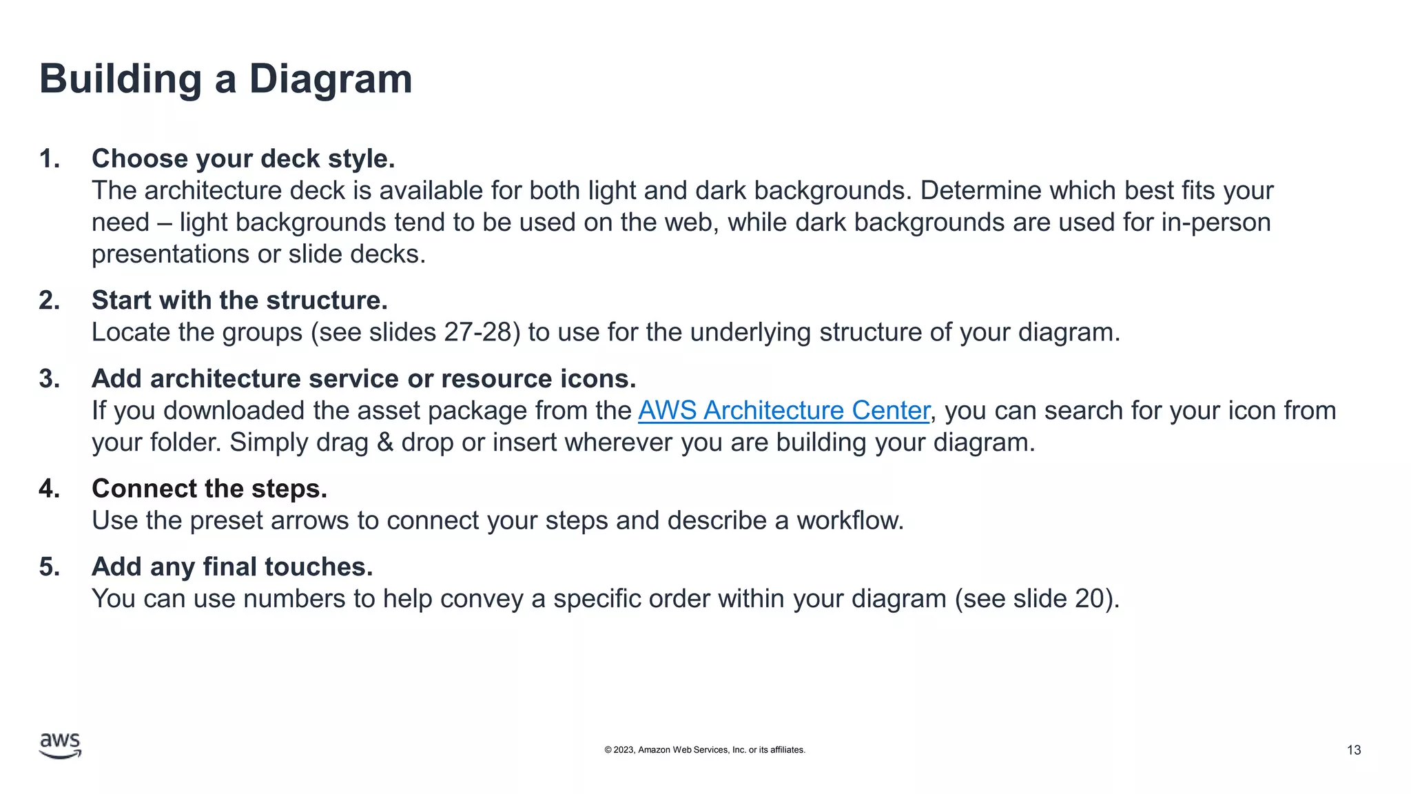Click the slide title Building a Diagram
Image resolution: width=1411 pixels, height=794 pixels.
pos(225,79)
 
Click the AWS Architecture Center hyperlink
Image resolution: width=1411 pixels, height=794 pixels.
pos(783,411)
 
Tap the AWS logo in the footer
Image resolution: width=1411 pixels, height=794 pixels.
pos(60,746)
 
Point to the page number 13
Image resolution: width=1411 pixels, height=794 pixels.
pos(1353,750)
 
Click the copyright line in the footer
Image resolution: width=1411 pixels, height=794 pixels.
pos(704,750)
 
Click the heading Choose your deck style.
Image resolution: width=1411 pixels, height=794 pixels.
pos(243,159)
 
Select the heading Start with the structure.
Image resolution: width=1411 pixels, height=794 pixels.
pos(239,301)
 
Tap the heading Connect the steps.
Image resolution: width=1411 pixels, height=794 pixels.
pos(209,489)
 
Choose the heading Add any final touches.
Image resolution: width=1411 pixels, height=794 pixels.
pos(232,567)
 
